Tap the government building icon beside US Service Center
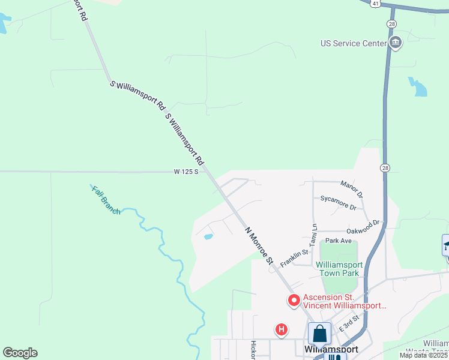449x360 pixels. coord(395,43)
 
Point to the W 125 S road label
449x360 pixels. coord(186,172)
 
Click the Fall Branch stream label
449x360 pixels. coord(106,200)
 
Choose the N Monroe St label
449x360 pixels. coord(259,245)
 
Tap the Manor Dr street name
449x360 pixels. coord(352,190)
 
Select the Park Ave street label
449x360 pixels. coord(338,241)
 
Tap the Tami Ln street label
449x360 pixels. coord(313,235)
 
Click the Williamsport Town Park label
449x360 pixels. coord(337,268)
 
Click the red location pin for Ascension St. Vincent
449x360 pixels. coord(294,300)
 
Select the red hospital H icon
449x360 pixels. coord(280,329)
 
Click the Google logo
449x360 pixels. coord(20,353)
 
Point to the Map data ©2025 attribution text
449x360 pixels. coord(423,355)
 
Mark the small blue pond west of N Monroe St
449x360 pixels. coord(208,236)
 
